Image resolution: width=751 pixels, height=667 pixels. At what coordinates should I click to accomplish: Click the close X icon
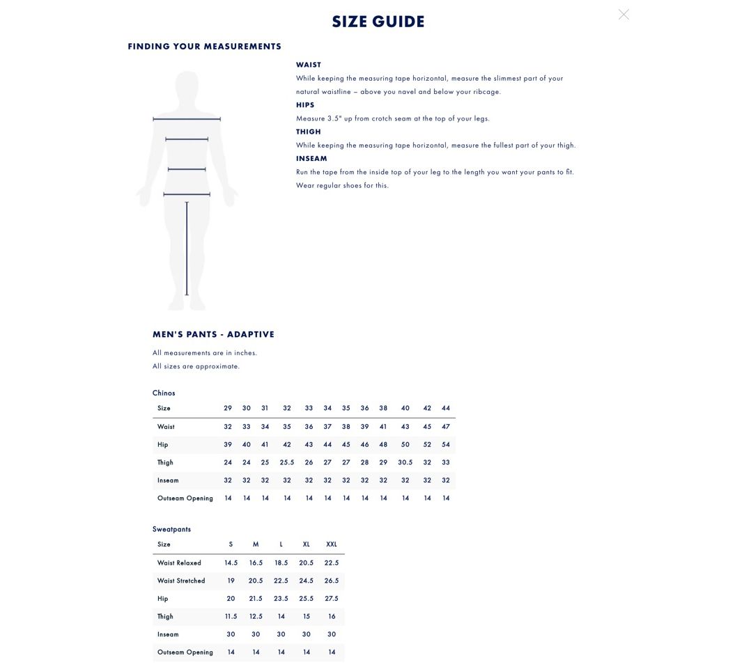point(624,14)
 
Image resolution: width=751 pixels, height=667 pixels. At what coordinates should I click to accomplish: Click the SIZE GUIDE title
point(378,22)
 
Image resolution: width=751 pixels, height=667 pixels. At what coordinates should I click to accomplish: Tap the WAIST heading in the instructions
point(309,65)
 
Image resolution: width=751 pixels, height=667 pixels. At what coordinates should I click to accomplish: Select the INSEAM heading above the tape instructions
point(311,159)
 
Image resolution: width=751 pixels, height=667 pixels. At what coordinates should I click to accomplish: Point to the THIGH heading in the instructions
point(309,132)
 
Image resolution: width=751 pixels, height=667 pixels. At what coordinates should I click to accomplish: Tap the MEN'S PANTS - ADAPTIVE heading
point(213,334)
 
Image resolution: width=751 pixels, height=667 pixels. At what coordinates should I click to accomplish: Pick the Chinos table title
point(164,393)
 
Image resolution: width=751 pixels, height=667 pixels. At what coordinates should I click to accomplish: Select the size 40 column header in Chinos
point(405,408)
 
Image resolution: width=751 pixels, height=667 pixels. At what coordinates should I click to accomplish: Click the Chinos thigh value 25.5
point(287,462)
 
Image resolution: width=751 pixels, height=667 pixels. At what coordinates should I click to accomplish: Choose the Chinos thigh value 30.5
point(405,462)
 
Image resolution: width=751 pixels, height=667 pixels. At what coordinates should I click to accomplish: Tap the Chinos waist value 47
point(446,427)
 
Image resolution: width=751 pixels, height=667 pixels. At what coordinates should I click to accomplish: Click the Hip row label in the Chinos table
point(163,444)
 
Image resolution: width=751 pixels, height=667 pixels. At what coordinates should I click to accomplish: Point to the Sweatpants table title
point(171,529)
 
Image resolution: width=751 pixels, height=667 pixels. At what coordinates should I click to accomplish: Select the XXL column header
point(332,544)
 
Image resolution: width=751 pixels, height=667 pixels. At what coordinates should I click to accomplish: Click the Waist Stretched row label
point(181,581)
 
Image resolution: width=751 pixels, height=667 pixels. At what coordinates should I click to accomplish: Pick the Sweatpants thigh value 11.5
point(231,616)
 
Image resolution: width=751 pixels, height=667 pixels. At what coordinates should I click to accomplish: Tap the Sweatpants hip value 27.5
point(332,599)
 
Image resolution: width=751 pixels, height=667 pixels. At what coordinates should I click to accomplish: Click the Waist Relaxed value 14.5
point(231,563)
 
